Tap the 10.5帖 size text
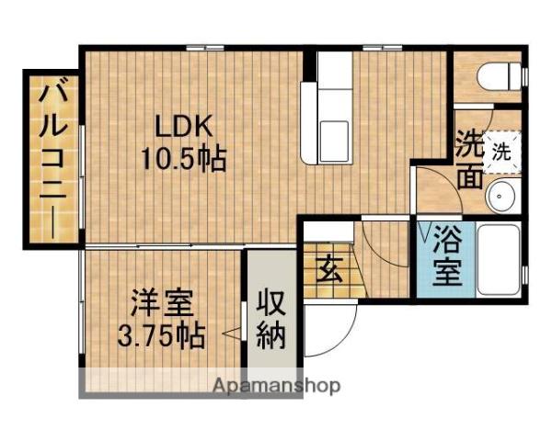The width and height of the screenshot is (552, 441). coord(184,158)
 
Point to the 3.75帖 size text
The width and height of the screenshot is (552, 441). coord(160,335)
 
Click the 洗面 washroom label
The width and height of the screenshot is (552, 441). coord(470,159)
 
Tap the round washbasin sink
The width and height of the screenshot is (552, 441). coord(502,195)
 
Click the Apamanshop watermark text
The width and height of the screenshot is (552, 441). coord(276,385)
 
